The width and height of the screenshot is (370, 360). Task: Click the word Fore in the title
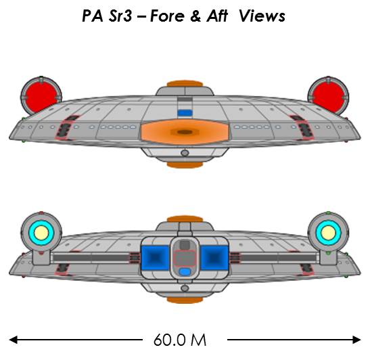(167, 16)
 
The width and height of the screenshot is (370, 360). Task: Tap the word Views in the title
(262, 16)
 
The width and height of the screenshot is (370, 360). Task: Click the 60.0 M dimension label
(180, 340)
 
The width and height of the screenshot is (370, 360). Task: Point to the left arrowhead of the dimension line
(14, 340)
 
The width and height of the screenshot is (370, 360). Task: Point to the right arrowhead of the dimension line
(356, 340)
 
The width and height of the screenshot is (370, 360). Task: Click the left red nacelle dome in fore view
(41, 97)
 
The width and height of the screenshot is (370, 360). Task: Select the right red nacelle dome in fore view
(329, 97)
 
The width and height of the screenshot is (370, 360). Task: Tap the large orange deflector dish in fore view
(185, 132)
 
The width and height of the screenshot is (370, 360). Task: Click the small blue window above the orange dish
(185, 113)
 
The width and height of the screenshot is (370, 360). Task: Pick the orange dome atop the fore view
(185, 83)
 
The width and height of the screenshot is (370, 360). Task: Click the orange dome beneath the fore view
(185, 164)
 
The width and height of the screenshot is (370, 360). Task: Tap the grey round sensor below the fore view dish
(185, 153)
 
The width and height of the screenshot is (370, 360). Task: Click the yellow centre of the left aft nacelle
(41, 233)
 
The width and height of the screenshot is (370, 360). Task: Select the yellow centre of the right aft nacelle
(328, 233)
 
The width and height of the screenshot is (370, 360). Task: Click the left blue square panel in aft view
(155, 258)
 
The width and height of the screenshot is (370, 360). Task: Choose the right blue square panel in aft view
(214, 258)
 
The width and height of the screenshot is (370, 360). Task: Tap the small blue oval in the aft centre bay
(185, 272)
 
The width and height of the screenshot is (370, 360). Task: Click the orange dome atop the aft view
(185, 219)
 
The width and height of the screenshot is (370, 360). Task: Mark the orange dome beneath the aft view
(185, 300)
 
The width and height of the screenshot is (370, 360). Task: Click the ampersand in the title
(195, 16)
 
